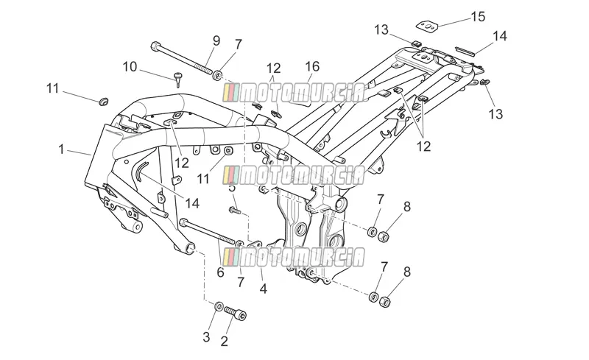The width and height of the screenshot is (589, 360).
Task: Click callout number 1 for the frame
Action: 61,149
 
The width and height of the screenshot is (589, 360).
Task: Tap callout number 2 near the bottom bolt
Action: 225,341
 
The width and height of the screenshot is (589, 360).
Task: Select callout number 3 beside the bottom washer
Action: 206,337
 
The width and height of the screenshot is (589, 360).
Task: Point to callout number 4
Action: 264,289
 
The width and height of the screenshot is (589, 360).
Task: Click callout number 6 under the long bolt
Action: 220,272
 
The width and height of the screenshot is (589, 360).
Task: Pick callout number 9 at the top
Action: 216,40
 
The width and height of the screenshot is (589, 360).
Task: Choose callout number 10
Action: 130,67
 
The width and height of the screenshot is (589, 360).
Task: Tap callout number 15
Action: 478,16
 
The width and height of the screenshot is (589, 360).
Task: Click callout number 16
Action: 312,66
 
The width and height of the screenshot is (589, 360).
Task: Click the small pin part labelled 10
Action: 178,80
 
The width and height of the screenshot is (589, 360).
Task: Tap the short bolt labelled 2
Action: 235,313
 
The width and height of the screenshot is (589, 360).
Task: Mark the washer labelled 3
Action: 219,306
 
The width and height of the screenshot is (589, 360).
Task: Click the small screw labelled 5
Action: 233,210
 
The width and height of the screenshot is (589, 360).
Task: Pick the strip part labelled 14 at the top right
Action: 465,51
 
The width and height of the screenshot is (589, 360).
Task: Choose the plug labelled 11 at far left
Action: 103,101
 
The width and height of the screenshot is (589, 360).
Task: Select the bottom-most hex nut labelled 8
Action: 384,301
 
